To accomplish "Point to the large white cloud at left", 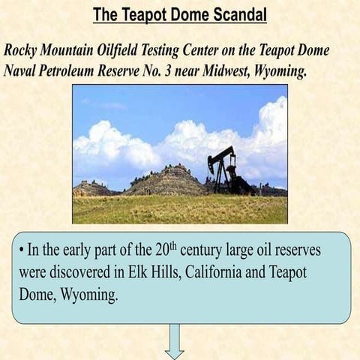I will (112, 146).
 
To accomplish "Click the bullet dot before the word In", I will (22, 249).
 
